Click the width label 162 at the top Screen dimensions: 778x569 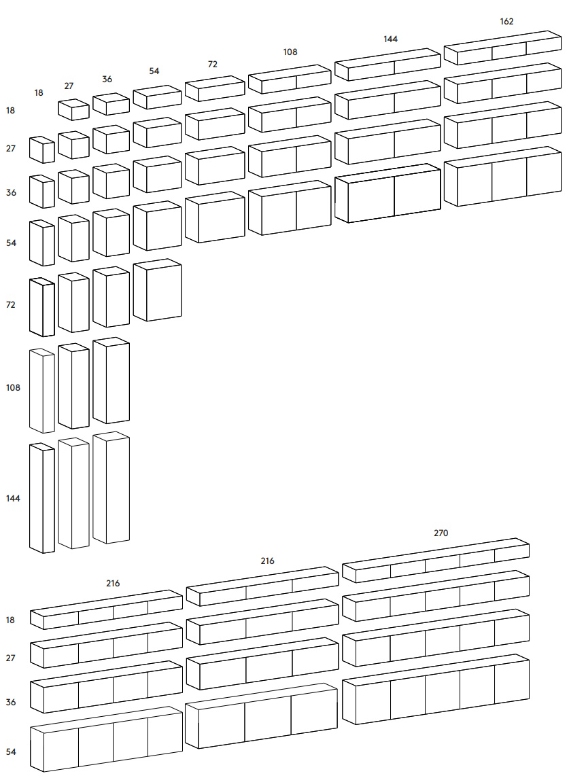pyautogui.click(x=506, y=21)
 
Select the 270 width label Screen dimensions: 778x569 pyautogui.click(x=441, y=533)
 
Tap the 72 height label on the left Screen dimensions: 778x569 pyautogui.click(x=11, y=305)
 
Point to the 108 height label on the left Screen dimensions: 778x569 pyautogui.click(x=13, y=388)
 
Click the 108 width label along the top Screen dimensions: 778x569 pyautogui.click(x=290, y=52)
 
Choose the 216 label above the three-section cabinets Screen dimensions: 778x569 pyautogui.click(x=267, y=561)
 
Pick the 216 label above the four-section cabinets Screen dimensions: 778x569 pyautogui.click(x=113, y=583)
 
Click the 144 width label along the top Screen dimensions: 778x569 pyautogui.click(x=390, y=39)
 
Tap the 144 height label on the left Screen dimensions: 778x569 pyautogui.click(x=13, y=498)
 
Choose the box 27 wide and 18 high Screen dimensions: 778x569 pyautogui.click(x=73, y=109)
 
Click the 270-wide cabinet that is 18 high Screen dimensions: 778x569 pyautogui.click(x=436, y=561)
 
